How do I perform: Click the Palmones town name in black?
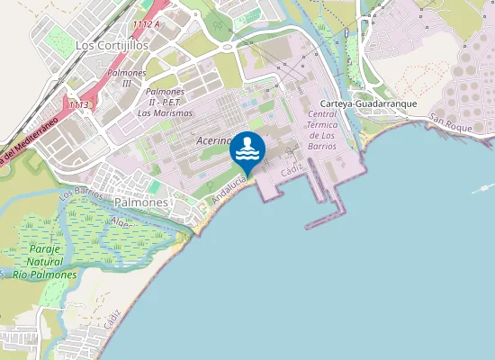pos(142,202)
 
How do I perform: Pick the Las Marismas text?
pos(164,112)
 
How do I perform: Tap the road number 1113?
pos(78,105)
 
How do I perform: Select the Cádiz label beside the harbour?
pos(290,168)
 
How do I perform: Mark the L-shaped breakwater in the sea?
pos(328,216)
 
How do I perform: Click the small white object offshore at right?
pos(484,189)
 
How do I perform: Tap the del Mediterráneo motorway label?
pos(27,139)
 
